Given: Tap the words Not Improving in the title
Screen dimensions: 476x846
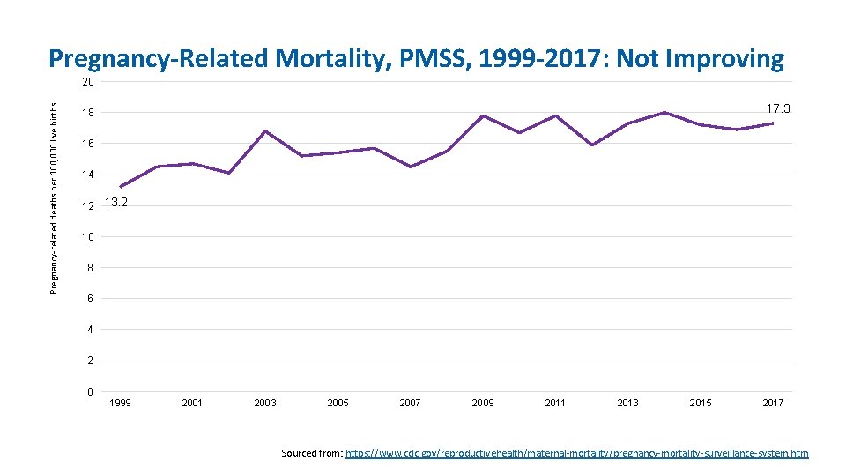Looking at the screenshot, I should coord(700,59).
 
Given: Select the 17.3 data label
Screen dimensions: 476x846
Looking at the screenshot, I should coord(778,109).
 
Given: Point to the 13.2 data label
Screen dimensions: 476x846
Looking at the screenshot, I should coord(116,203).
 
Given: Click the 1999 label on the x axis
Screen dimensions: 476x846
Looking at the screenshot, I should coord(120,403).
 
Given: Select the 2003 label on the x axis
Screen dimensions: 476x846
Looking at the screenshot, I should coord(265,403).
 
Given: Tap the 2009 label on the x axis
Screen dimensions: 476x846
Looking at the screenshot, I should coord(483,403).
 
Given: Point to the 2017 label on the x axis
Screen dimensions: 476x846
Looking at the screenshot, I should coord(773,403).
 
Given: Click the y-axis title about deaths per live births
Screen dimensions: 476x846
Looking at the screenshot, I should coord(55,197).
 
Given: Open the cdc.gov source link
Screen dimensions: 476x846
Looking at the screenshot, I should coord(576,453).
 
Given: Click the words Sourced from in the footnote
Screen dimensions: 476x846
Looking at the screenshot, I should coord(311,453).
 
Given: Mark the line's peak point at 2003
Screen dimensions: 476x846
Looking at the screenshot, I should coord(265,131).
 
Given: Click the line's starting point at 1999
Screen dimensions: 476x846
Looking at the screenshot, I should coord(120,187).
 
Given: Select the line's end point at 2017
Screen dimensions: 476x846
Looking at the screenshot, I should coord(773,123).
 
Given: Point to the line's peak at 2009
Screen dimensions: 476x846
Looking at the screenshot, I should coord(483,115).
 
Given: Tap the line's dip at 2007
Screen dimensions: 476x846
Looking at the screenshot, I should coord(411,167).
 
